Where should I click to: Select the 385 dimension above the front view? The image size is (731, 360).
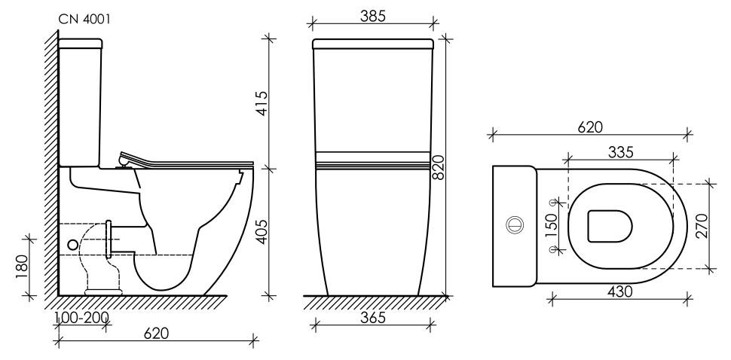[x=374, y=17]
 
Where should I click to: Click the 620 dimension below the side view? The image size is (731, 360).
[x=155, y=333]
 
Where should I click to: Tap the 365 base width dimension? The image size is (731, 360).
[x=373, y=319]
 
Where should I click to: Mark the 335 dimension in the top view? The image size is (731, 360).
[x=619, y=151]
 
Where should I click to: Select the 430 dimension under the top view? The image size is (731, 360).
[x=619, y=290]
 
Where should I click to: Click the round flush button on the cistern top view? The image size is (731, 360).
[x=515, y=224]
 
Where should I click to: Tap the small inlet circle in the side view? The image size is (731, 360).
[x=73, y=244]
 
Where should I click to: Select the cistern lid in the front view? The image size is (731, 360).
[x=374, y=43]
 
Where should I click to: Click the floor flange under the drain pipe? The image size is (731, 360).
[x=103, y=289]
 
